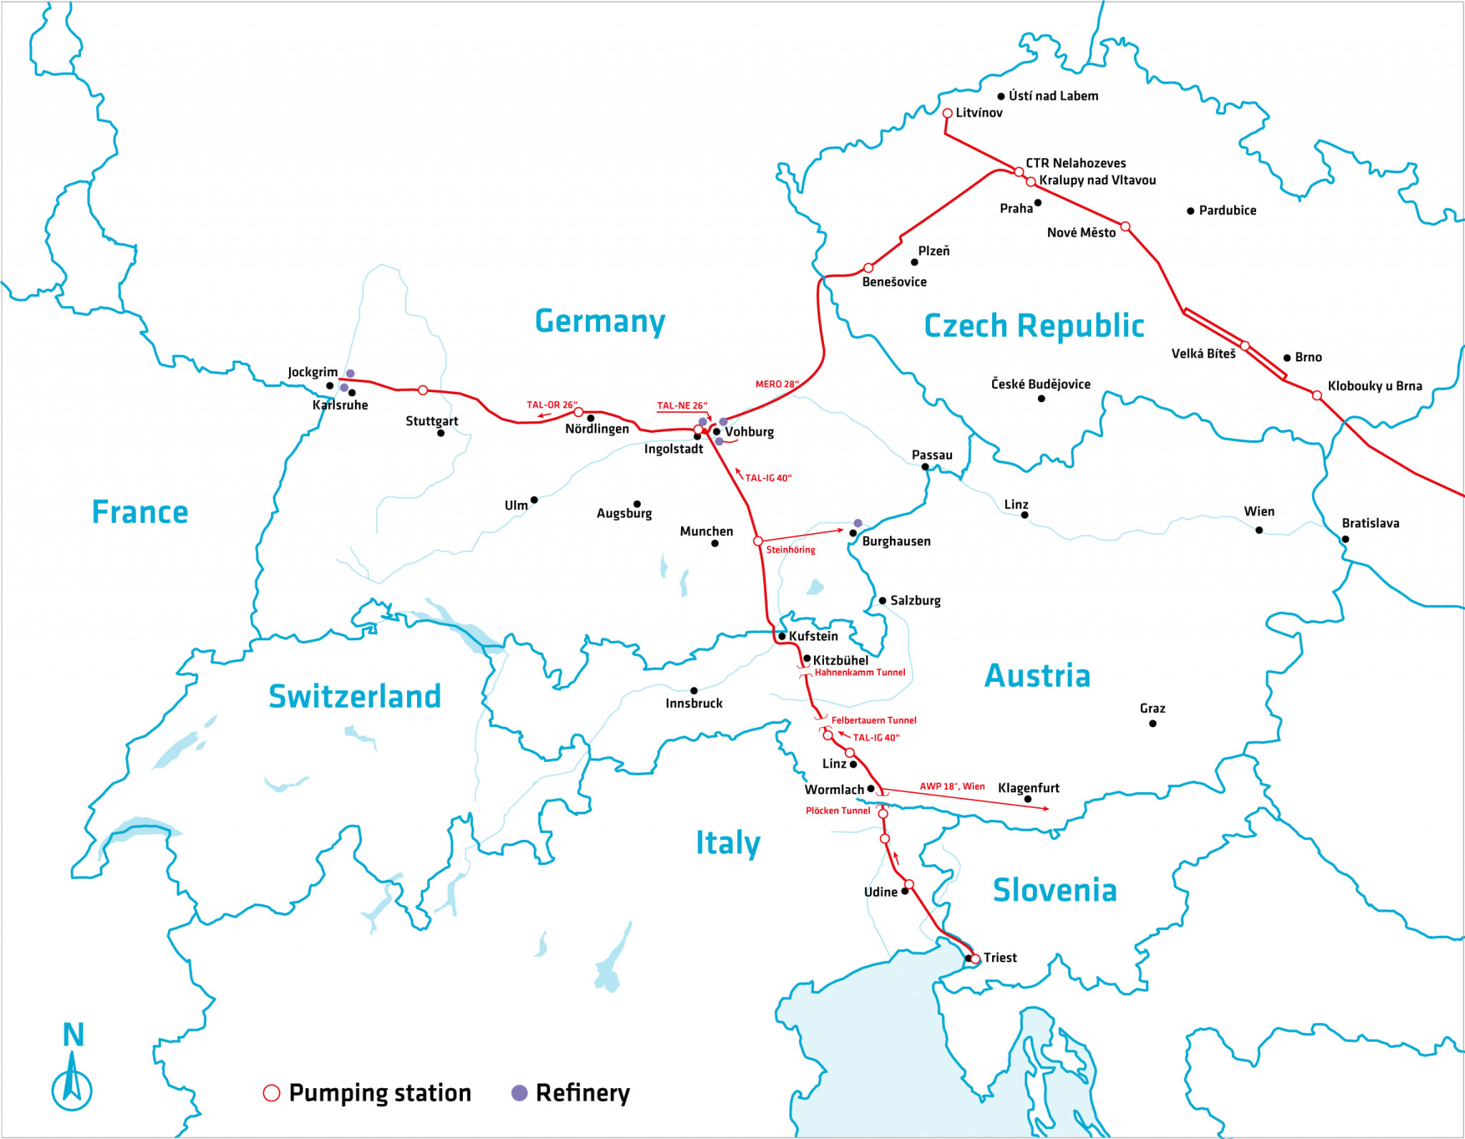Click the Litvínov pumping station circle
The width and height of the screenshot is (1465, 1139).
point(947,113)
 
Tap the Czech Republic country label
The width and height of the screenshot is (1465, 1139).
point(1034,326)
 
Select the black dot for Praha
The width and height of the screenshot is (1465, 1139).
point(1038,203)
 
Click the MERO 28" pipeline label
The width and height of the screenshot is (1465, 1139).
point(777,384)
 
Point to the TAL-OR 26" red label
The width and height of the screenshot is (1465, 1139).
point(552,405)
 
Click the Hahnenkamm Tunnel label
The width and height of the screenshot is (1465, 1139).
point(860,673)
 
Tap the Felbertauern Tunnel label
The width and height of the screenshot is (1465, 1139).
point(873,720)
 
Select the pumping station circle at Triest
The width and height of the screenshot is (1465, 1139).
point(975,959)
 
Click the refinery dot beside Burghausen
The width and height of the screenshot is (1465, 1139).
point(858,523)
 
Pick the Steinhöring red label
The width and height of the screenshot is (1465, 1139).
point(790,549)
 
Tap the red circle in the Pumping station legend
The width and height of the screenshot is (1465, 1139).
point(272,1093)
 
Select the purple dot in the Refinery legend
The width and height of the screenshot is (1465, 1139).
point(519,1093)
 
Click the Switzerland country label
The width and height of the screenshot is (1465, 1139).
point(355,696)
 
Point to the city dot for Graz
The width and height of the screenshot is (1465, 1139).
point(1152,724)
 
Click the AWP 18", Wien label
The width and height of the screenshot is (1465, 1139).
point(952,786)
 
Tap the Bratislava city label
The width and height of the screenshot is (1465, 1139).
point(1370,523)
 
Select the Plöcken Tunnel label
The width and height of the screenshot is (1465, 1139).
point(838,811)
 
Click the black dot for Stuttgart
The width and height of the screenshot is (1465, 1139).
point(441,433)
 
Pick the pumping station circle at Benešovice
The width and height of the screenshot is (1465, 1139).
point(868,268)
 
